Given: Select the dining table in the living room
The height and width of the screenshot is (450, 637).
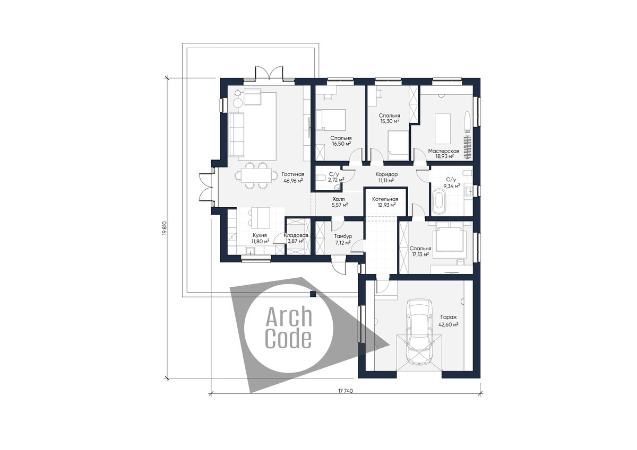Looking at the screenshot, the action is (256, 175).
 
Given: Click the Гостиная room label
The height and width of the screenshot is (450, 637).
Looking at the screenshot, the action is (292, 174).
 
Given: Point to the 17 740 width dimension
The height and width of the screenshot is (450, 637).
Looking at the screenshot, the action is (346, 391).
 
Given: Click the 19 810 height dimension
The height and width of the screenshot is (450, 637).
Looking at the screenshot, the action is (164, 228).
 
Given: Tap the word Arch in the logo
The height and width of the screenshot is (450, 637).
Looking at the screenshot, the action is (289, 316).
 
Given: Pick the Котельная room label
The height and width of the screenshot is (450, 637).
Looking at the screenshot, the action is (385, 199).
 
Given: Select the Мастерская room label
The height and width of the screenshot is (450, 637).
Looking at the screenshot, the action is (444, 151).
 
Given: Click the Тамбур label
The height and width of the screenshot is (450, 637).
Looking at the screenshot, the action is (343, 236).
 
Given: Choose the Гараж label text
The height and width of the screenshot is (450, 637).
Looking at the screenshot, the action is (449, 317).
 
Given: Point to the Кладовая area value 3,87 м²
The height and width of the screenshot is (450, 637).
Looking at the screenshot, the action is (296, 241).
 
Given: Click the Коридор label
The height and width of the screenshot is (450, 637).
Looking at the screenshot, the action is (386, 174).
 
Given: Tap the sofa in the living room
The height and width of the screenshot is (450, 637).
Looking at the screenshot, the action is (237, 134).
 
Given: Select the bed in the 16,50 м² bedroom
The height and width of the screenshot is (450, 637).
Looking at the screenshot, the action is (331, 120).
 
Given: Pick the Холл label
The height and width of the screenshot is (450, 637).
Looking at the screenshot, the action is (339, 199).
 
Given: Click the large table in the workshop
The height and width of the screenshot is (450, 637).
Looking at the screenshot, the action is (443, 129).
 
